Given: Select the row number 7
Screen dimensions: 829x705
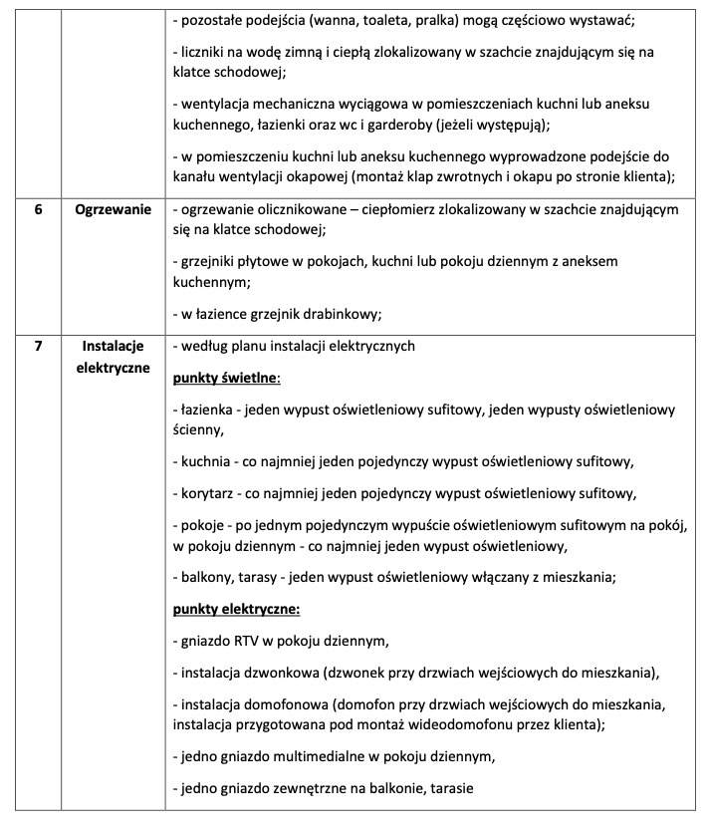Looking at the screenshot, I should [37, 347].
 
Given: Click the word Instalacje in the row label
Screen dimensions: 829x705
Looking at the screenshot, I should [113, 347].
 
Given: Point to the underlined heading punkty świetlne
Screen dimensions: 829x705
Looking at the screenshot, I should [226, 379].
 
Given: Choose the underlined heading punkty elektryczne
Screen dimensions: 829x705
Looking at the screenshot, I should [237, 608].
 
